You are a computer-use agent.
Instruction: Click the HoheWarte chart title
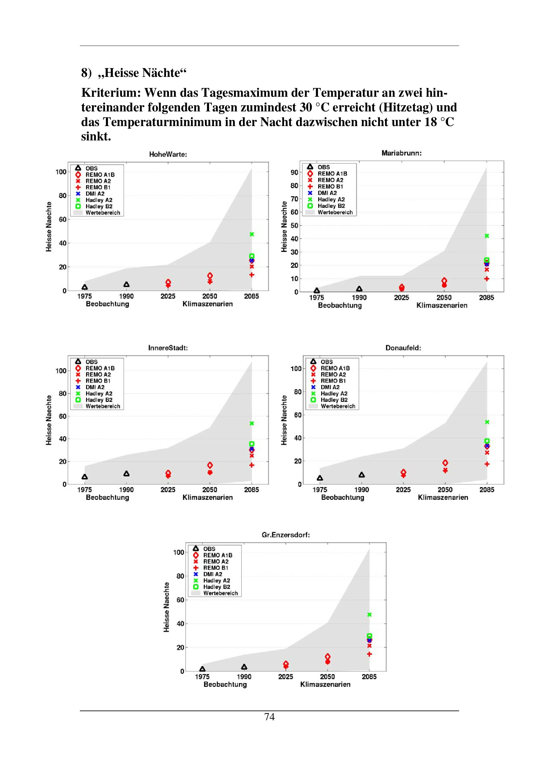coord(168,154)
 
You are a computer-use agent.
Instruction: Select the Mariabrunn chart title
coord(401,153)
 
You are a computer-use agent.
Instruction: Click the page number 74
coord(269,716)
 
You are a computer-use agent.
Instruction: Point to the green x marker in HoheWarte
coord(252,234)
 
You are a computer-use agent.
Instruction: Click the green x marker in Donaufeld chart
coord(487,422)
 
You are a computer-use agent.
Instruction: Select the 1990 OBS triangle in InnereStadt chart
coord(127,474)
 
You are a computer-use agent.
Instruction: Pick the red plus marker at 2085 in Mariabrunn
coord(487,279)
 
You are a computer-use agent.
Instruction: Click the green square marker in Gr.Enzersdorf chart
coord(369,636)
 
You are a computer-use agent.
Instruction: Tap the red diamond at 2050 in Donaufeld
coord(445,463)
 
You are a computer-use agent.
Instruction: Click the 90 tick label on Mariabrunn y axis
coord(294,172)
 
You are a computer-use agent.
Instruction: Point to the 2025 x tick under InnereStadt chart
coord(168,490)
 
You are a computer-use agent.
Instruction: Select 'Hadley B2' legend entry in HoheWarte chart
coord(98,206)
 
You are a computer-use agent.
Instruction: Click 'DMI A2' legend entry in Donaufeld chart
coord(330,387)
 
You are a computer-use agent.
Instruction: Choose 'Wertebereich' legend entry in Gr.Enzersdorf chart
coord(220,593)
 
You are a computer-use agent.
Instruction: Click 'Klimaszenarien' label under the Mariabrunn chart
coord(442,305)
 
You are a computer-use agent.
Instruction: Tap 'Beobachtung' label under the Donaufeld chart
coord(342,497)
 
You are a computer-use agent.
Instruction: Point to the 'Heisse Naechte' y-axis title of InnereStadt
coord(49,420)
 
